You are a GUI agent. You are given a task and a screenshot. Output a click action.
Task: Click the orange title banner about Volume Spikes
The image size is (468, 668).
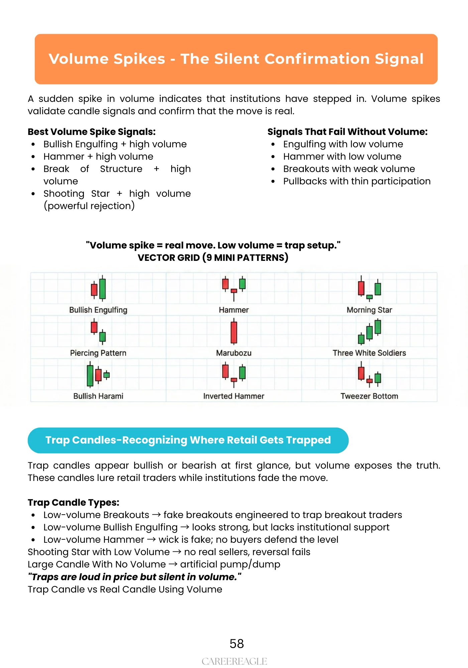click(236, 59)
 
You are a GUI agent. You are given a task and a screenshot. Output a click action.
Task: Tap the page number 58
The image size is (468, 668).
click(237, 644)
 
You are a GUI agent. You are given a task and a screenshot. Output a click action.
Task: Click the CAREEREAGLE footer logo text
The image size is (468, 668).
click(234, 661)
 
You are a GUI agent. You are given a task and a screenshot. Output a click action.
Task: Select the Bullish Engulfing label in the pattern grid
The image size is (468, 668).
click(98, 310)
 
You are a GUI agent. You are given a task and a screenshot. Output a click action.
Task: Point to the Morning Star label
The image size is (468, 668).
click(369, 310)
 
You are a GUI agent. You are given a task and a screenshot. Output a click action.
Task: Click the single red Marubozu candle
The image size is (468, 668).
click(234, 332)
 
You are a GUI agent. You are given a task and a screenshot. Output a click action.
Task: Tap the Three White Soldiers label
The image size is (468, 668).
click(369, 353)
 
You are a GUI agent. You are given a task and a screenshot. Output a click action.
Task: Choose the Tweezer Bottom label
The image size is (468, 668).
click(369, 396)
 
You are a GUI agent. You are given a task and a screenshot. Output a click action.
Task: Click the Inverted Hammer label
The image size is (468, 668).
click(234, 396)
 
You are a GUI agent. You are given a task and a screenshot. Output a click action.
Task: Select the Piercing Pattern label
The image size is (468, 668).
click(98, 353)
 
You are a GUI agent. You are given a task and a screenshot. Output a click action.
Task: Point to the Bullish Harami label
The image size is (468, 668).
click(98, 396)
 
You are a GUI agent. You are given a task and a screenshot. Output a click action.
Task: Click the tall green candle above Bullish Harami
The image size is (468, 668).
click(90, 375)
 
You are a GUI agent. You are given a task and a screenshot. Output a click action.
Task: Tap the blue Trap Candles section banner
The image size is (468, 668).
click(188, 440)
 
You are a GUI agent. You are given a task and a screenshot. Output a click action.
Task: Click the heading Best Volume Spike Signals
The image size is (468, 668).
click(92, 132)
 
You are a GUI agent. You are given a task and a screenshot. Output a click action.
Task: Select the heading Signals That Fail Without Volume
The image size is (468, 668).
click(347, 132)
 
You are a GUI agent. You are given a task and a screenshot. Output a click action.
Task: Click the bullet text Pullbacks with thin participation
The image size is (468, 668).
click(357, 181)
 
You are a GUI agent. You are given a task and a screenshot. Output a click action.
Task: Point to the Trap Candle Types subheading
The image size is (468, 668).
click(74, 503)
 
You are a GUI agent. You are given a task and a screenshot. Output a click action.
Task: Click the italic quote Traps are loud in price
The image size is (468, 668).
click(134, 577)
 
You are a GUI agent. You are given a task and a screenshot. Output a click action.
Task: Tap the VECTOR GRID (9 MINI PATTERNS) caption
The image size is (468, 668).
click(213, 258)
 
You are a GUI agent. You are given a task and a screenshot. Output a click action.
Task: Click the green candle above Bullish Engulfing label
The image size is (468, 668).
click(103, 289)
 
